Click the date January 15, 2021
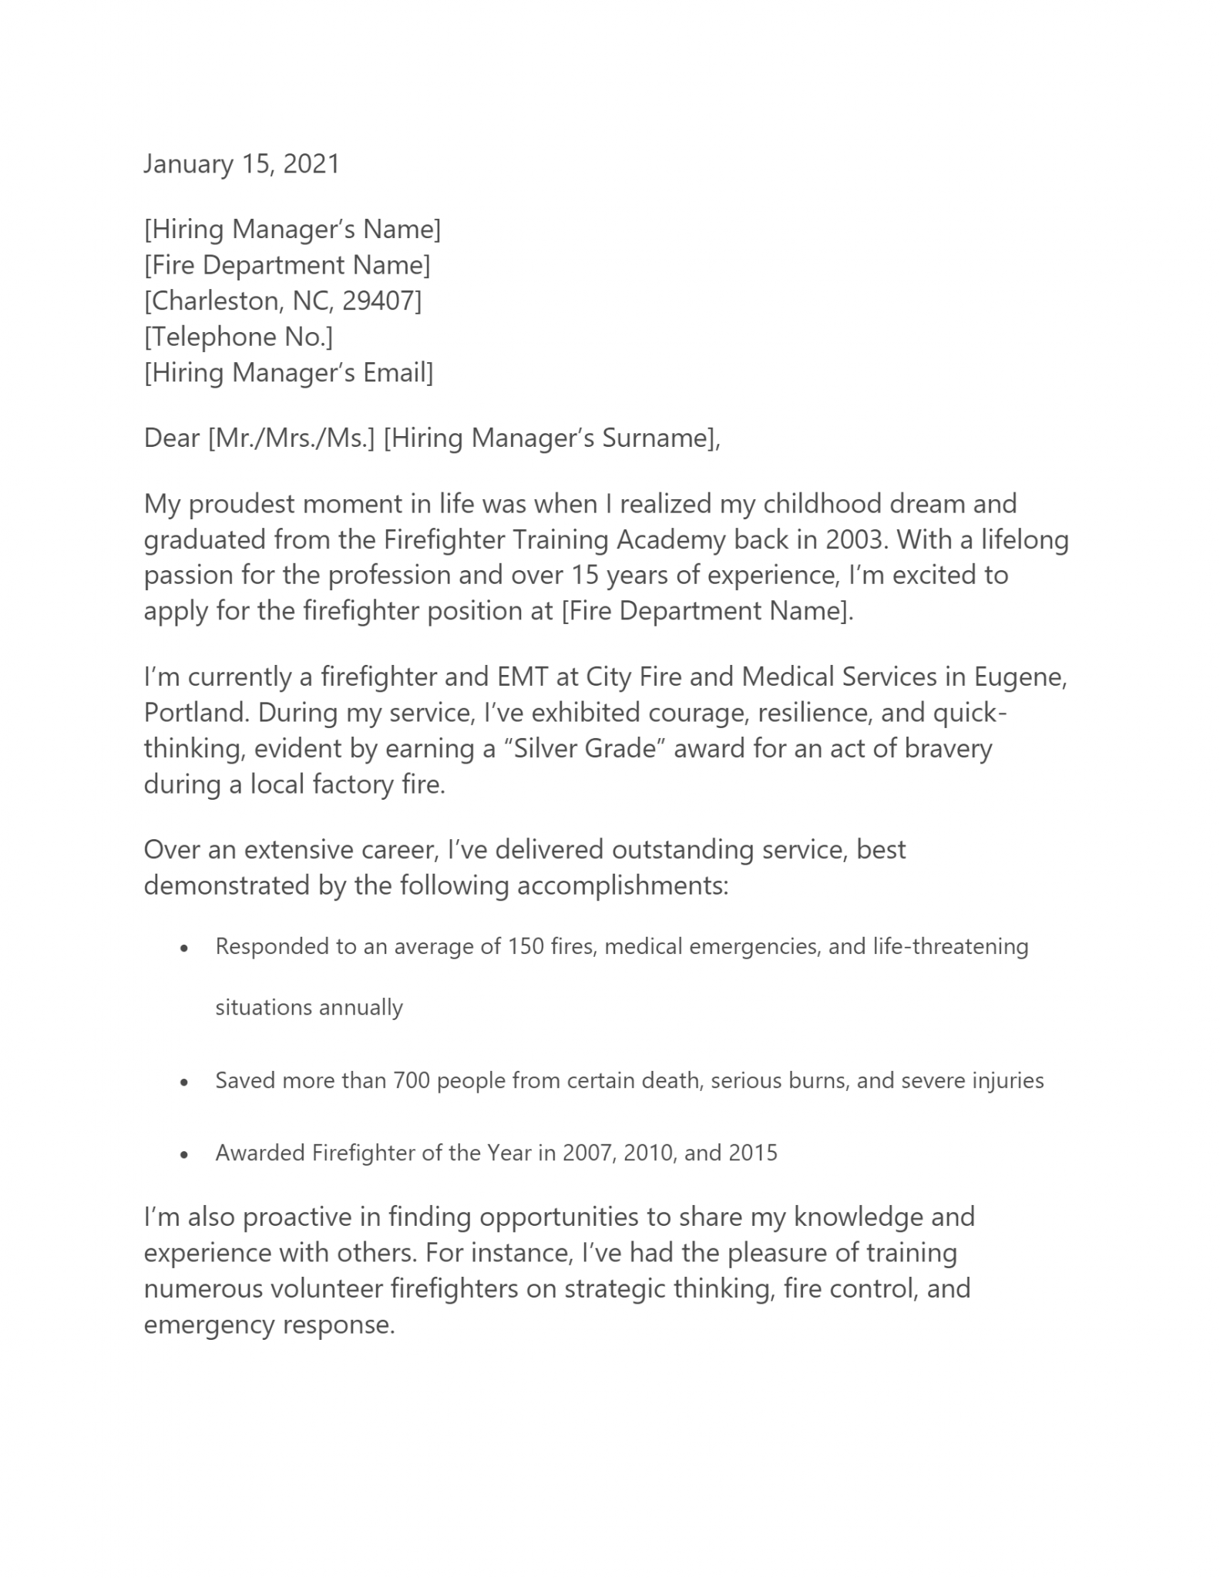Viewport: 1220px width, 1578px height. pyautogui.click(x=241, y=164)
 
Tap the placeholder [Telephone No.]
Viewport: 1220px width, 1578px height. pyautogui.click(x=238, y=337)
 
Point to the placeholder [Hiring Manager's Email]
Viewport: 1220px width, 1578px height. pyautogui.click(x=288, y=373)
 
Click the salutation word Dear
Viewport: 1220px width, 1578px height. pyautogui.click(x=171, y=438)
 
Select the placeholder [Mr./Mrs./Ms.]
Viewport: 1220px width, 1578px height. pyautogui.click(x=291, y=438)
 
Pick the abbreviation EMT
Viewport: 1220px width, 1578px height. pyautogui.click(x=523, y=677)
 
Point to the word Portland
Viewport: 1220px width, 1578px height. pyautogui.click(x=196, y=713)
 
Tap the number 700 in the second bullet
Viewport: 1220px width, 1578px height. pyautogui.click(x=412, y=1080)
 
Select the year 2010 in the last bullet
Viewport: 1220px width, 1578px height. pyautogui.click(x=648, y=1153)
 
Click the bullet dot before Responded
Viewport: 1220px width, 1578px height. pyautogui.click(x=183, y=948)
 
